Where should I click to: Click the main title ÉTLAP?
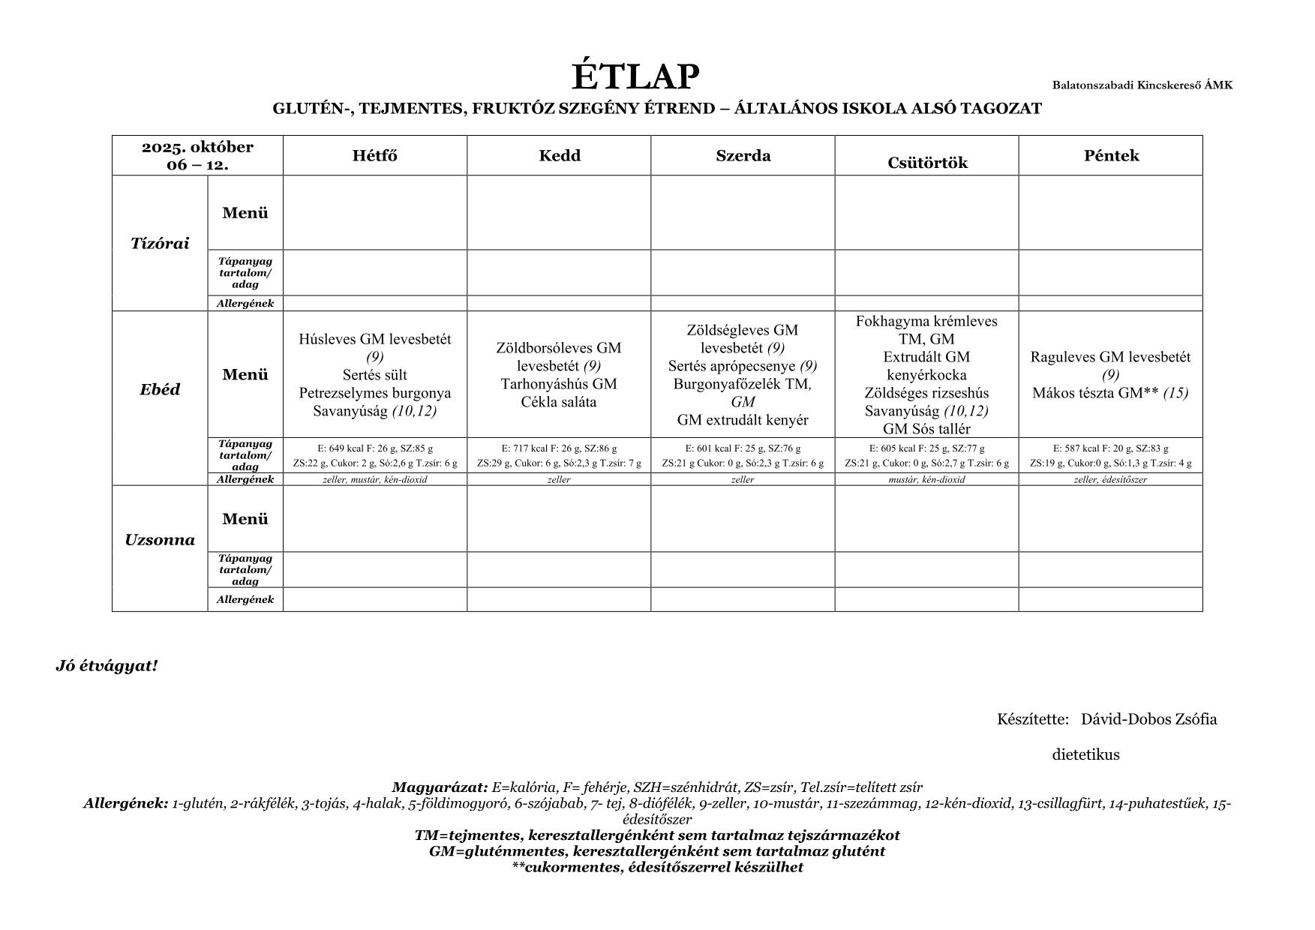(x=635, y=76)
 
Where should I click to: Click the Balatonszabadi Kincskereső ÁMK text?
(x=1142, y=85)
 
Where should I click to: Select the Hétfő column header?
(x=375, y=156)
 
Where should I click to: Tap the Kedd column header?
(x=559, y=156)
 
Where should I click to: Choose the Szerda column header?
(x=743, y=156)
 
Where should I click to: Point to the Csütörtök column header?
(x=927, y=163)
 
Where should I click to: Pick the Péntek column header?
(x=1111, y=156)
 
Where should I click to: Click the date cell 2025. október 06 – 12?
(x=197, y=156)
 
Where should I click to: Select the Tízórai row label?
(x=160, y=243)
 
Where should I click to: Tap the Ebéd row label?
(x=160, y=389)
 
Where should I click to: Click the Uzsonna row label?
(x=160, y=540)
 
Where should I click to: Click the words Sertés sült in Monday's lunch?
(x=375, y=375)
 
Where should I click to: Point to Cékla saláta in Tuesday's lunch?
(x=559, y=402)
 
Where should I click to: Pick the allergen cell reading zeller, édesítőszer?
(x=1110, y=480)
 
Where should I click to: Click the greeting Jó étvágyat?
(x=107, y=666)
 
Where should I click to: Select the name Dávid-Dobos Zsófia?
(x=1148, y=719)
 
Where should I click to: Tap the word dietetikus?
(x=1085, y=754)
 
